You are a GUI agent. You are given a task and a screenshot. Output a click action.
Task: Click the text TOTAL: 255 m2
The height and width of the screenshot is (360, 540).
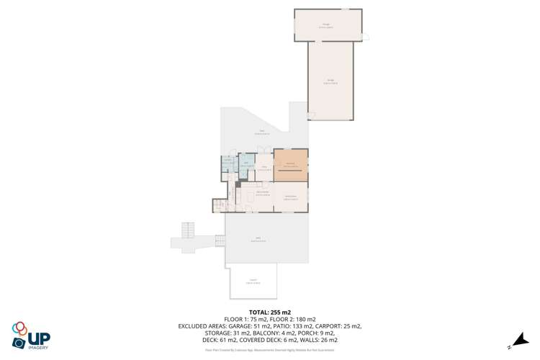[x=269, y=312]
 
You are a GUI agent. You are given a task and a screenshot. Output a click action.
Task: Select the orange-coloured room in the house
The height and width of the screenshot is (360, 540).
[x=290, y=165]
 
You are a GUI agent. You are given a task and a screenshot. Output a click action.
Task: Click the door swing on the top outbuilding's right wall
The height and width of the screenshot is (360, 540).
[x=365, y=37]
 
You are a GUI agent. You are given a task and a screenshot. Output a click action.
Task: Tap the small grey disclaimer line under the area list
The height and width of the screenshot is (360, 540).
[x=269, y=351]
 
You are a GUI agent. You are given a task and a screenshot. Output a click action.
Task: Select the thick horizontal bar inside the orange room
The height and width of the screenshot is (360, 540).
[x=290, y=172]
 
